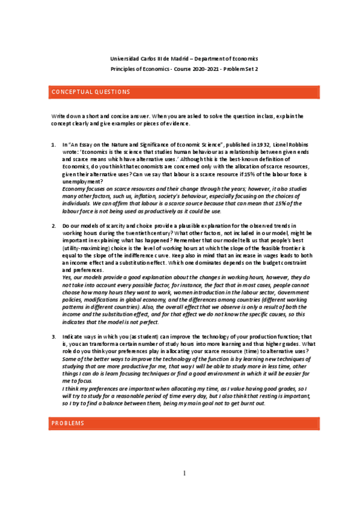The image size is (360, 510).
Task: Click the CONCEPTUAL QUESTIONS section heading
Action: [91, 92]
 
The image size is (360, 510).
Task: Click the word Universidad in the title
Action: [125, 59]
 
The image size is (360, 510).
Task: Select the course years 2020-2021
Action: [200, 69]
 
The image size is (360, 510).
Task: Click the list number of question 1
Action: [52, 146]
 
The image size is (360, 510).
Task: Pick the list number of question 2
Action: [52, 225]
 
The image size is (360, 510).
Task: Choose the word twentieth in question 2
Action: [134, 232]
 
